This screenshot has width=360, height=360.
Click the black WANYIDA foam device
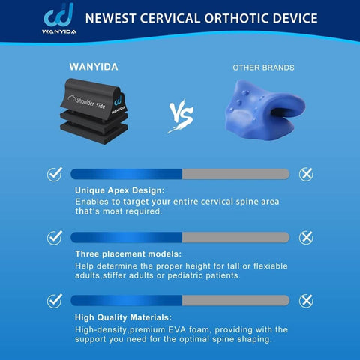pos(94,113)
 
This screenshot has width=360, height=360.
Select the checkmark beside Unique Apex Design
pos(55,174)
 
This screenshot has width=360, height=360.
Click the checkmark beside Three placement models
pos(55,237)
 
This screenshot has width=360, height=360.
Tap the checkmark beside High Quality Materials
pos(55,300)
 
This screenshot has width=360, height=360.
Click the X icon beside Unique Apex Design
pos(305,174)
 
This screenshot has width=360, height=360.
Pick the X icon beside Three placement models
pos(305,237)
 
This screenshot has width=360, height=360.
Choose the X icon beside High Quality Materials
pos(305,300)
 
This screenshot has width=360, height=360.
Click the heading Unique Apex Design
pos(119,190)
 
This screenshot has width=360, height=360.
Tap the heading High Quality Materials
pos(123,316)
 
